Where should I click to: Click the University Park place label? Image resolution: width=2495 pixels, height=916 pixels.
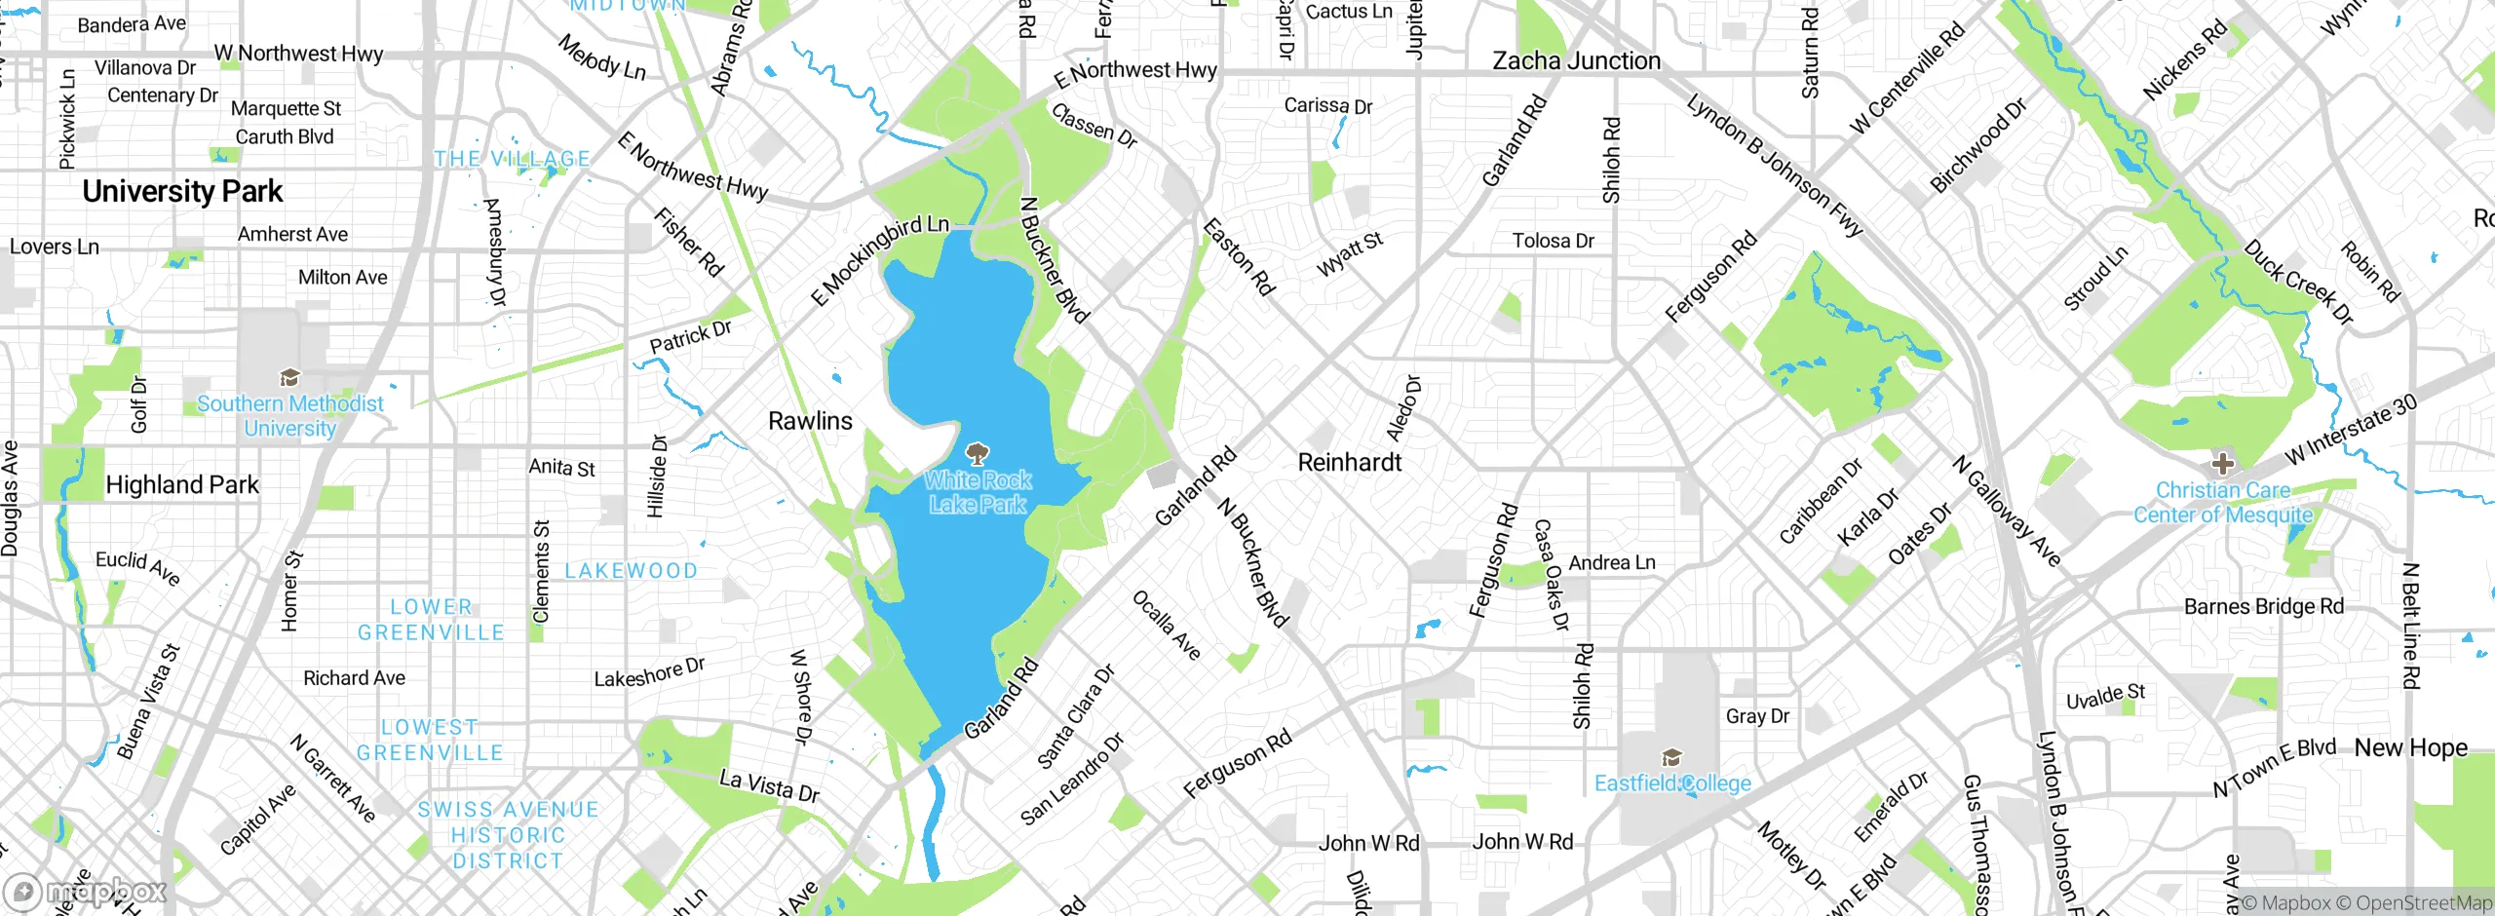pyautogui.click(x=182, y=192)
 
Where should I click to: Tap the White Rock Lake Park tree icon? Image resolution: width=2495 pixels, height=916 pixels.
pyautogui.click(x=977, y=454)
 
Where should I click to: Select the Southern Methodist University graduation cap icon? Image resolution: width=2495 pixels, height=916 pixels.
pyautogui.click(x=289, y=378)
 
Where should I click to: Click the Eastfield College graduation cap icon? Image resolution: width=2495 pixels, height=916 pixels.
pyautogui.click(x=1672, y=758)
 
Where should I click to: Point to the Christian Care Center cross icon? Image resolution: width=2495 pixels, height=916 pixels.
pyautogui.click(x=2223, y=463)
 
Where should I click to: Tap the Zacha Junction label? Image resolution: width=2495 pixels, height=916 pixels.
pyautogui.click(x=1576, y=61)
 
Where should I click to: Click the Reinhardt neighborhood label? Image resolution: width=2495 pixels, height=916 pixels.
pyautogui.click(x=1349, y=463)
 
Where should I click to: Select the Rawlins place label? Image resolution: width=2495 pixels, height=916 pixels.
pyautogui.click(x=810, y=421)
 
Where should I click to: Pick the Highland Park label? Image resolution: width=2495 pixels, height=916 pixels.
pyautogui.click(x=182, y=485)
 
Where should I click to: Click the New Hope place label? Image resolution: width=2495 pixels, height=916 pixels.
pyautogui.click(x=2410, y=748)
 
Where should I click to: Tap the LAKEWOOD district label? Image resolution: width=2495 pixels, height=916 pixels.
pyautogui.click(x=632, y=571)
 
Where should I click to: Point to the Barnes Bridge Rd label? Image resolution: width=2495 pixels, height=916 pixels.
pyautogui.click(x=2263, y=607)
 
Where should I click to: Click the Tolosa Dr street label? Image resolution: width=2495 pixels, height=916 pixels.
pyautogui.click(x=1553, y=241)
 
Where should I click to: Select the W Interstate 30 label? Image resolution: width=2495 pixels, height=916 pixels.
pyautogui.click(x=2351, y=430)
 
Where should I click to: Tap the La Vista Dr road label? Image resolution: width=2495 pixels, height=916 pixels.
pyautogui.click(x=769, y=786)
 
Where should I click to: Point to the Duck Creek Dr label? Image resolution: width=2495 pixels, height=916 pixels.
pyautogui.click(x=2298, y=282)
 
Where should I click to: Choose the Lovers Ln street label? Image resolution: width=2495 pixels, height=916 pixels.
pyautogui.click(x=55, y=248)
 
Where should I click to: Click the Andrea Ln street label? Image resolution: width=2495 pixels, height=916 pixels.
pyautogui.click(x=1611, y=563)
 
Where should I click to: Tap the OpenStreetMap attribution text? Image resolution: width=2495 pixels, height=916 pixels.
pyautogui.click(x=2423, y=903)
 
